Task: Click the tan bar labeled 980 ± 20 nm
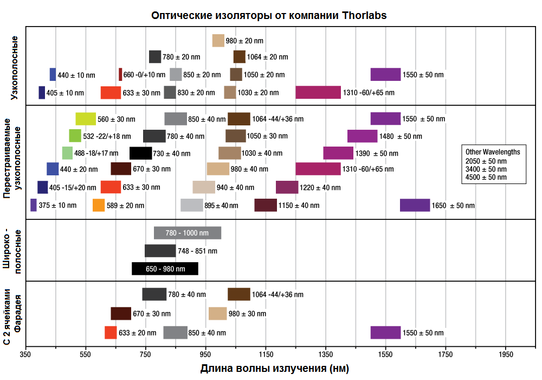[218, 41]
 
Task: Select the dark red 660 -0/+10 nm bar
[120, 74]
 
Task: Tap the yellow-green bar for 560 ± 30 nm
[86, 119]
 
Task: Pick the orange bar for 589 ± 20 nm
[99, 205]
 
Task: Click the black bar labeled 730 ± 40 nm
[140, 153]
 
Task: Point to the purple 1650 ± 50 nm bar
[415, 205]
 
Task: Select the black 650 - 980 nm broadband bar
[165, 269]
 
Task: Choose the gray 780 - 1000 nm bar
[188, 233]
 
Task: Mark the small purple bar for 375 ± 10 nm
[34, 205]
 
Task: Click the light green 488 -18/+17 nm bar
[67, 153]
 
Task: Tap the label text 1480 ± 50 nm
[401, 136]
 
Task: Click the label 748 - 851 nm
[197, 251]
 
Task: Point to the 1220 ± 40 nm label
[320, 188]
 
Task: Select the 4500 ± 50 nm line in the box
[486, 177]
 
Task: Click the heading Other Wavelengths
[493, 152]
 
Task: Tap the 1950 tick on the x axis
[505, 354]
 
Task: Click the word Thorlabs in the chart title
[365, 15]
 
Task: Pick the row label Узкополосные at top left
[15, 68]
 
